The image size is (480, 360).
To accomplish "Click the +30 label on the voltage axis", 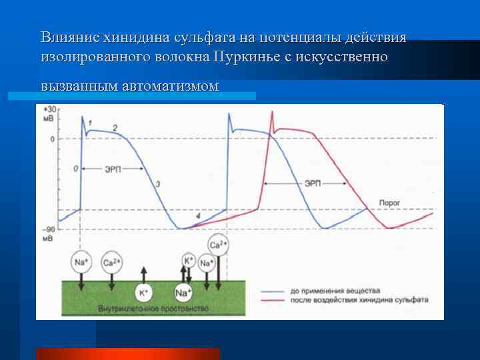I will pyautogui.click(x=49, y=109).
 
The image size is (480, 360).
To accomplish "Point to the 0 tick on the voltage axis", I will pyautogui.click(x=51, y=139).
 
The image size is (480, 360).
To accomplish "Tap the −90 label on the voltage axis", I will pyautogui.click(x=49, y=229).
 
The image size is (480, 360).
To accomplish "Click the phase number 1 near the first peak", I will pyautogui.click(x=90, y=121).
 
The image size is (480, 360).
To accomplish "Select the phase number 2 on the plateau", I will pyautogui.click(x=115, y=127).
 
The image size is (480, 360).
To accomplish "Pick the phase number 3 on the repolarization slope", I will pyautogui.click(x=157, y=183).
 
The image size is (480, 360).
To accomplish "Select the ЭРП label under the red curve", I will pyautogui.click(x=312, y=183).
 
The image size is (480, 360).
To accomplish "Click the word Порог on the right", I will pyautogui.click(x=389, y=201).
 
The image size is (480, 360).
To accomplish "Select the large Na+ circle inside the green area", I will pyautogui.click(x=184, y=292).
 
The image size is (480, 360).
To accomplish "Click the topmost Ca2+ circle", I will pyautogui.click(x=217, y=245).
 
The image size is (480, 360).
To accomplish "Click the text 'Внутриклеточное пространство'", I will pyautogui.click(x=153, y=309).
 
